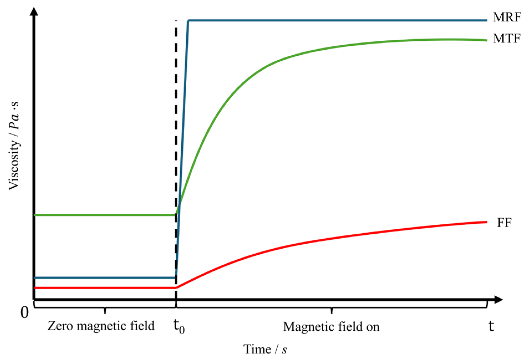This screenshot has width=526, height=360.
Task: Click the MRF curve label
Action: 507,17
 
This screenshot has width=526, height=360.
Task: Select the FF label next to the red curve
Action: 504,223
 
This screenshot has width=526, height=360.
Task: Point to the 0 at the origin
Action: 25,313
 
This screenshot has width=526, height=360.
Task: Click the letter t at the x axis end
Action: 491,326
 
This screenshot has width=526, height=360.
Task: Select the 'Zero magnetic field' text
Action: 101,326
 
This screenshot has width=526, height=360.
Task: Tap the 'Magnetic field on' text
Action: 331,326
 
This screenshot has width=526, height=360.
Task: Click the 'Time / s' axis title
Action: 265,349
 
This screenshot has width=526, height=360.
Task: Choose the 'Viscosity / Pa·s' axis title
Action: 14,145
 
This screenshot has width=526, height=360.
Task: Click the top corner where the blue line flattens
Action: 188,21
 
